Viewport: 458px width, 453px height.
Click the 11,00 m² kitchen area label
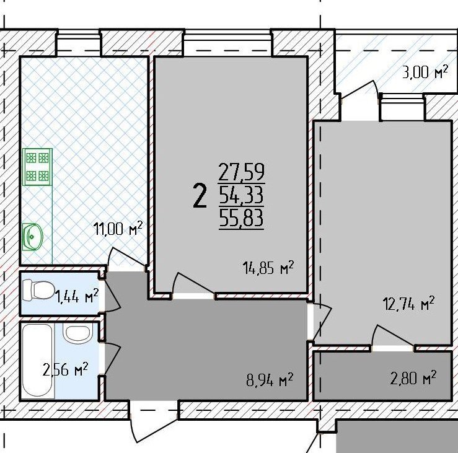point(118,229)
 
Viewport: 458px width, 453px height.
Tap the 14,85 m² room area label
point(268,268)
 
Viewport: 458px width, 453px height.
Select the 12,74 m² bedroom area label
point(408,304)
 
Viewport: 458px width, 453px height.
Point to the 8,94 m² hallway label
point(270,380)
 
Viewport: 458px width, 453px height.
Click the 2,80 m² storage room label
point(413,378)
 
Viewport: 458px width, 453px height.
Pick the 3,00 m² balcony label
point(425,72)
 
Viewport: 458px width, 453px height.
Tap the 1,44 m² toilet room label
point(77,297)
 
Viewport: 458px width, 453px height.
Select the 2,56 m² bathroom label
point(65,369)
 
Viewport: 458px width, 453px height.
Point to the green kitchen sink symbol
point(33,237)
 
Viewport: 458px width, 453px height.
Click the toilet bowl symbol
point(38,290)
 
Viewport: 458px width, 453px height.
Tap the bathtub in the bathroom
point(38,361)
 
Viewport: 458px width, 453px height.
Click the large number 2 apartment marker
point(200,196)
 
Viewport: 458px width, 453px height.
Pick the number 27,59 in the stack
point(241,172)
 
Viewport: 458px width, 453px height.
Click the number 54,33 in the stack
point(241,195)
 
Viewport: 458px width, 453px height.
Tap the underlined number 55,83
point(241,218)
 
